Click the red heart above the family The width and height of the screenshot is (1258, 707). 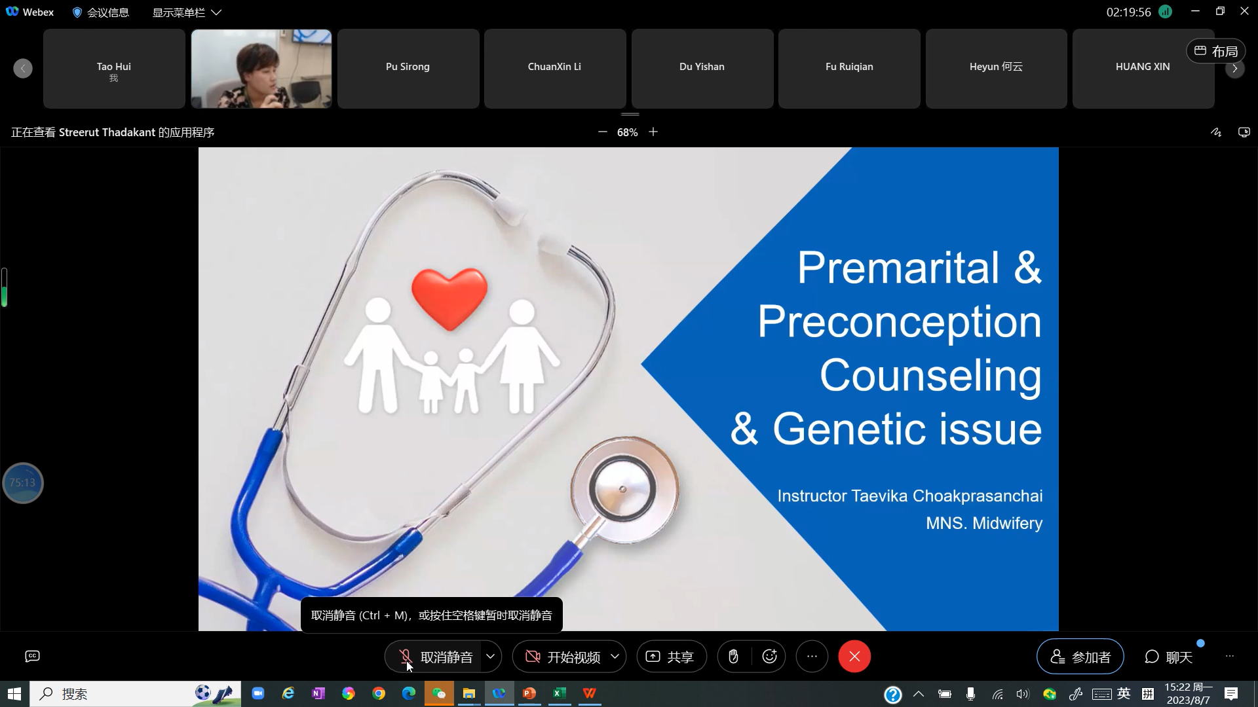[x=449, y=298]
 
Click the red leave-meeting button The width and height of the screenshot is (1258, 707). [x=854, y=657]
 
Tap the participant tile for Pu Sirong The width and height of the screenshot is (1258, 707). [x=408, y=68]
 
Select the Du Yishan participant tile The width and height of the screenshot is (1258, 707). [x=702, y=68]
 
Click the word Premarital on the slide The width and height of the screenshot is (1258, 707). [x=898, y=268]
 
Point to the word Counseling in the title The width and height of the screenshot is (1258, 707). [x=930, y=376]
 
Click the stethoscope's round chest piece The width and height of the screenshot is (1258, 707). [x=624, y=489]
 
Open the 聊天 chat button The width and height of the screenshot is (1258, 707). [x=1168, y=657]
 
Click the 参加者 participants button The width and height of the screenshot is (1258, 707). [x=1080, y=657]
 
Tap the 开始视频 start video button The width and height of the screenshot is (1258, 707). [x=563, y=657]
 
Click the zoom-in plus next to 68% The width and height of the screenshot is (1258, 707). [x=653, y=132]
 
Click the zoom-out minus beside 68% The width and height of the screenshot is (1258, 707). [x=602, y=132]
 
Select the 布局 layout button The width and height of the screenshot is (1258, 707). [x=1216, y=51]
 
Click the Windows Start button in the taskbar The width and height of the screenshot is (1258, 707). [x=14, y=694]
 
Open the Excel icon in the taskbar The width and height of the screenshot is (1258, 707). [x=559, y=693]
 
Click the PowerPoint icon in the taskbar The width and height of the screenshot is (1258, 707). [x=529, y=693]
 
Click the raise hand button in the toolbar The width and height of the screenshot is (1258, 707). [x=733, y=657]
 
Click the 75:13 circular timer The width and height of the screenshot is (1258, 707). [x=23, y=483]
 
